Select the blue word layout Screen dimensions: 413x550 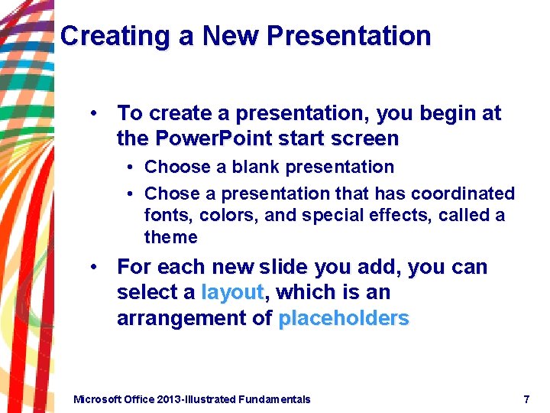232,292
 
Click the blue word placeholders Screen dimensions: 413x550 344,318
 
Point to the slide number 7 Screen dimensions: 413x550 526,399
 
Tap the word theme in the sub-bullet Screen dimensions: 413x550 171,237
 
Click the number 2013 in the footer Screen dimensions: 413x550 170,399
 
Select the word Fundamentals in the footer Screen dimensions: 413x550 274,399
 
